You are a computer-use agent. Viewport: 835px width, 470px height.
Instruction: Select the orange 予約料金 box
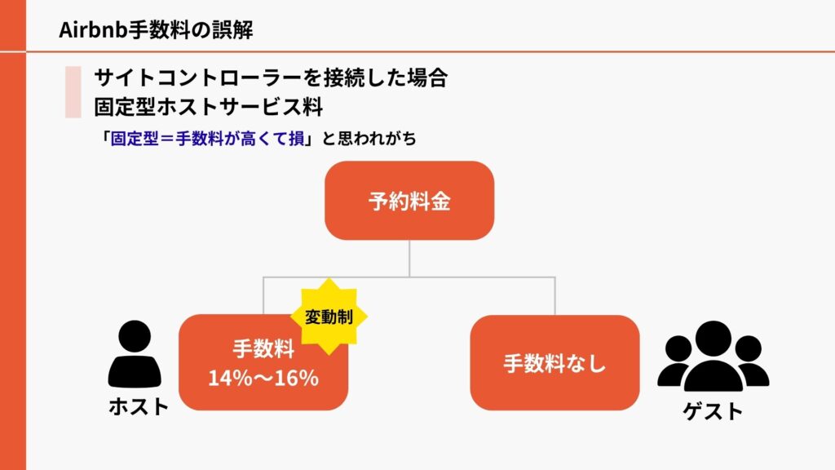[x=409, y=201]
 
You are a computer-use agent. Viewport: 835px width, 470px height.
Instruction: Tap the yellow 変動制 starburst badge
[x=329, y=317]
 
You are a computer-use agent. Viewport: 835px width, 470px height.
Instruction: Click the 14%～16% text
[x=263, y=378]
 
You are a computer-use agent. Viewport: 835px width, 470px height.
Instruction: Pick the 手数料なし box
[x=554, y=362]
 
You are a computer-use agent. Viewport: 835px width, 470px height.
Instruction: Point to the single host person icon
[x=135, y=354]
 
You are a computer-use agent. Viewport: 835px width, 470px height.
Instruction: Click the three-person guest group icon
[x=713, y=356]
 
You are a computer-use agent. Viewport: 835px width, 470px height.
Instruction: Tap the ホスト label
[x=139, y=406]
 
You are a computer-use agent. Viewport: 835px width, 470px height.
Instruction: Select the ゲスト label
[x=713, y=411]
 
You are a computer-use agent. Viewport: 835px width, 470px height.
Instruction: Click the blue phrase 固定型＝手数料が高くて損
[x=207, y=139]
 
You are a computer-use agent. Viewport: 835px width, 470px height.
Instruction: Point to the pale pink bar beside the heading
[x=73, y=91]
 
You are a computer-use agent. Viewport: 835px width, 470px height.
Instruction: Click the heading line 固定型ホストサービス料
[x=209, y=107]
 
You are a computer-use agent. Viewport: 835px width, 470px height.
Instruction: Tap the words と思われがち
[x=369, y=139]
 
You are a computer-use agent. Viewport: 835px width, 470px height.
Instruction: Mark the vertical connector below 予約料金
[x=409, y=259]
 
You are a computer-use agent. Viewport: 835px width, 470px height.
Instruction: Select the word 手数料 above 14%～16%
[x=263, y=349]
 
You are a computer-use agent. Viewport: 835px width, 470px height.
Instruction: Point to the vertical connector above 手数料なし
[x=554, y=296]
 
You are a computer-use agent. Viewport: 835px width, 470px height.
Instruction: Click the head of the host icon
[x=135, y=336]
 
